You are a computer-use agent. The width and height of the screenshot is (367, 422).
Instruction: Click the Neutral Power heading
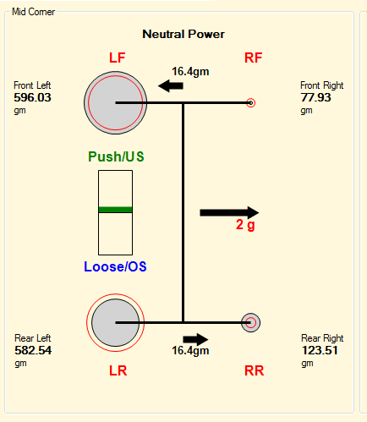pos(183,34)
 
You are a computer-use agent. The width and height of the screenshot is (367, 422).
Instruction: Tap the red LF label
pos(118,58)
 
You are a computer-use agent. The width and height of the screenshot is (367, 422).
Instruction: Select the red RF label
pos(254,58)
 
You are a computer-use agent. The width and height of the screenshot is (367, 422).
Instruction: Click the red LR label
pos(118,370)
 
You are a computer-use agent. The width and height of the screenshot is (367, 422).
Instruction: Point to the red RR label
pos(255,370)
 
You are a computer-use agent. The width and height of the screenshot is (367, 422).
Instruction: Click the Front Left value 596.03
pos(32,97)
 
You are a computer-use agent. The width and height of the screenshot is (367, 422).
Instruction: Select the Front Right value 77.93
pos(315,97)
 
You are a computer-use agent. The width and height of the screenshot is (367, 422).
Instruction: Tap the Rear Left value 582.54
pos(33,350)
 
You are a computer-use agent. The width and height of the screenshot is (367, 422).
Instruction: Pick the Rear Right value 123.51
pos(320,350)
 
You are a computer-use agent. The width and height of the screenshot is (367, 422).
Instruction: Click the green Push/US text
pos(116,156)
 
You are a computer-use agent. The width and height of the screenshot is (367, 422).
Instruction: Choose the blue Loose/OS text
pos(115,266)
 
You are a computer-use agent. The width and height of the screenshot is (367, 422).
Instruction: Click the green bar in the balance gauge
pos(115,210)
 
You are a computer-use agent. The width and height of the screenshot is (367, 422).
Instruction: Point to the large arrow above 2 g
pos(229,212)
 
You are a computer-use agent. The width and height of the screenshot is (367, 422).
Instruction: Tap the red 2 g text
pos(245,225)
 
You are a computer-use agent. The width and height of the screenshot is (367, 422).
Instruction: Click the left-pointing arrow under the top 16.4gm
pos(171,85)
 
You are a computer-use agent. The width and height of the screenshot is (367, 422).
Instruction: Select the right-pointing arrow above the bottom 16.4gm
pos(195,339)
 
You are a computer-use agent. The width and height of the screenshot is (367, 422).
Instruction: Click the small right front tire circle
pos(250,103)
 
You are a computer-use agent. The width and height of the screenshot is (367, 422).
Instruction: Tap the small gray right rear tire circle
pos(250,323)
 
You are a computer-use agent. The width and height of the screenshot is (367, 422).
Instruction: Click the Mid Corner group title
pos(33,12)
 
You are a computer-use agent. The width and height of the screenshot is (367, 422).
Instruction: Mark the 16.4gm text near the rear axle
pos(190,351)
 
